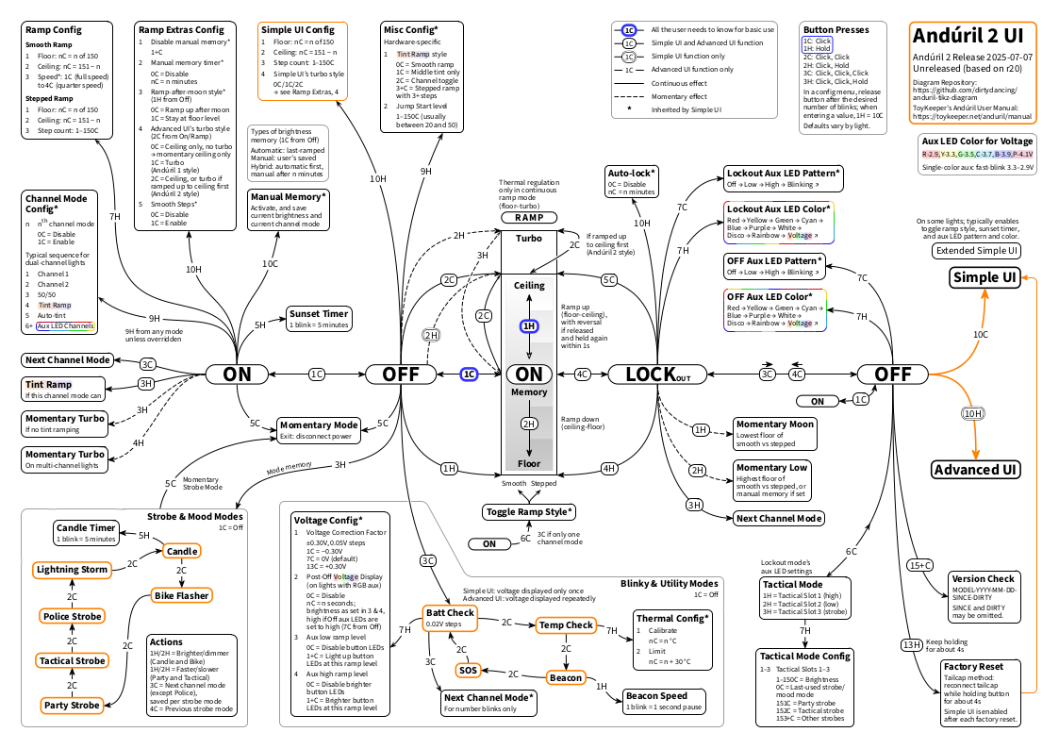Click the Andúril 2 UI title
tap(968, 36)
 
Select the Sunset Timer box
tap(319, 318)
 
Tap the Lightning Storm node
tap(72, 570)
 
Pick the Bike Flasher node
tap(182, 595)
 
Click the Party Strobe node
tap(72, 705)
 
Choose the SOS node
tap(468, 670)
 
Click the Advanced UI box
tap(975, 470)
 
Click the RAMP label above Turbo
tap(528, 217)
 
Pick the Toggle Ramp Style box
tap(529, 511)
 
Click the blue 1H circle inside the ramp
tap(529, 325)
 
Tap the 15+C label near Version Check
tap(919, 566)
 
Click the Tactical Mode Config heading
tap(804, 656)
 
